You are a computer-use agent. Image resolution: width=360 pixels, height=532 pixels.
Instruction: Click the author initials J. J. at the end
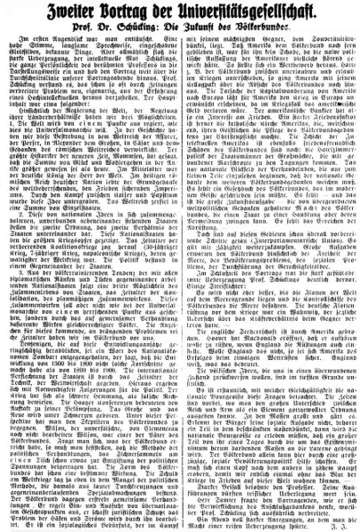point(342,525)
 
